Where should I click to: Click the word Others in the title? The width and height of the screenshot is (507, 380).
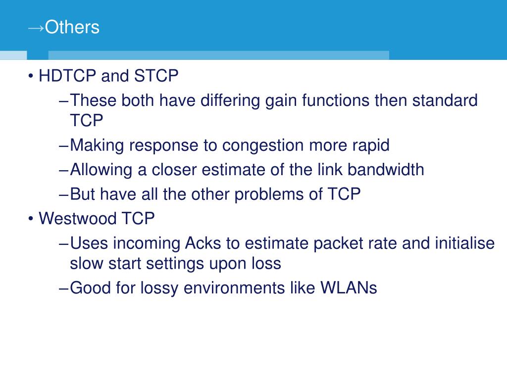pyautogui.click(x=72, y=27)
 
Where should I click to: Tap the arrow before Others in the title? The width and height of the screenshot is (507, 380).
pyautogui.click(x=36, y=29)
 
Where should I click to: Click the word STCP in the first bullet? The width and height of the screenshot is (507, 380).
pyautogui.click(x=156, y=76)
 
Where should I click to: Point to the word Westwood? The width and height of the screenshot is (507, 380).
pyautogui.click(x=78, y=218)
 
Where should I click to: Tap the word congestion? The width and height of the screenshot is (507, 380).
pyautogui.click(x=263, y=145)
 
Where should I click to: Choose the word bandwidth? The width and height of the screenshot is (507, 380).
pyautogui.click(x=386, y=170)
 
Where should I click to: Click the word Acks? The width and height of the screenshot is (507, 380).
pyautogui.click(x=203, y=243)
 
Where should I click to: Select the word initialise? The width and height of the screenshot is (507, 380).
pyautogui.click(x=464, y=243)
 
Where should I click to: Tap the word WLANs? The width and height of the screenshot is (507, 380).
pyautogui.click(x=349, y=287)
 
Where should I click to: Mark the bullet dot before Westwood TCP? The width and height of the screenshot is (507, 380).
pyautogui.click(x=31, y=219)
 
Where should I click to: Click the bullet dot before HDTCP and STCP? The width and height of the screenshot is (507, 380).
pyautogui.click(x=31, y=76)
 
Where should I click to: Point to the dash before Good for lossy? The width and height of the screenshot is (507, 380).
pyautogui.click(x=64, y=288)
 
